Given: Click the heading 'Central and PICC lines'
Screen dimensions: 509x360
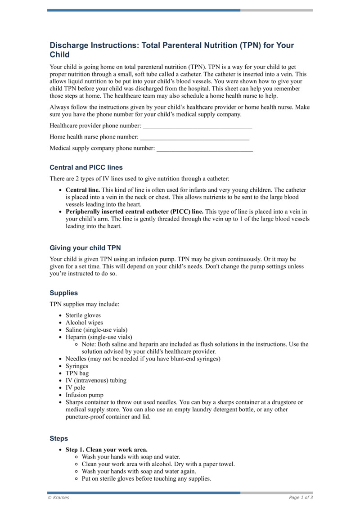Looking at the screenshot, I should (86, 167).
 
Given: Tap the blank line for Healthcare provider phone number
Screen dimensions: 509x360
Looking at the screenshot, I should (197, 126).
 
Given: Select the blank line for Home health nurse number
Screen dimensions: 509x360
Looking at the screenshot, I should (195, 137).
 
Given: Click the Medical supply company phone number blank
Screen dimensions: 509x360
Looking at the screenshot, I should (204, 148).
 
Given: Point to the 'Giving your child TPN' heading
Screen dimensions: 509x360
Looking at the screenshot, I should (85, 248).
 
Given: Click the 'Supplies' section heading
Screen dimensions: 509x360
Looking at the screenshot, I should (63, 293).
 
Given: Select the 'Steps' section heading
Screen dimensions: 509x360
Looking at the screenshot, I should (58, 438).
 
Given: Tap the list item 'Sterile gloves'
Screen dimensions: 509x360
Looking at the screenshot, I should (83, 315).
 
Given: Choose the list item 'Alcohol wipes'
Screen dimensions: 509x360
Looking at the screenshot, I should (84, 323).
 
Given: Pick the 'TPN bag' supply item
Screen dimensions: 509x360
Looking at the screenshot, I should (77, 373).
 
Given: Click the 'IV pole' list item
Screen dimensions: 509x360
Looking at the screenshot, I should (75, 387).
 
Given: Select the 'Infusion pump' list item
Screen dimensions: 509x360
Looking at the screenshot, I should (84, 395).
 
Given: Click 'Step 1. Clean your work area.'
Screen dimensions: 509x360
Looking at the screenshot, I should (107, 450).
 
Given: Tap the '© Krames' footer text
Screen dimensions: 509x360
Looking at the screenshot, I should (58, 498).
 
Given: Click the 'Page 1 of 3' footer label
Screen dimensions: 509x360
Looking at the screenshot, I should (301, 498).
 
